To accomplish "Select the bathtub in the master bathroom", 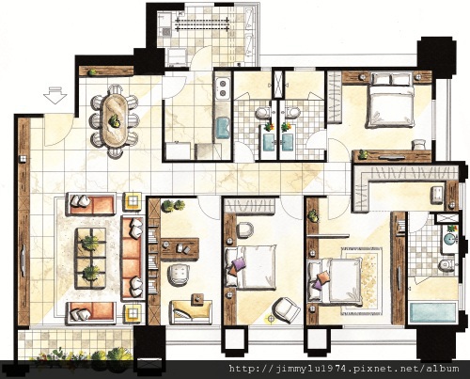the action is [433, 312].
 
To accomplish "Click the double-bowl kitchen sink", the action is [223, 88].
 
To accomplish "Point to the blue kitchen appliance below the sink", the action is [223, 128].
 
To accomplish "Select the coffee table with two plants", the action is [90, 258].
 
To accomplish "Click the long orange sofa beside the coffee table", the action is [132, 258].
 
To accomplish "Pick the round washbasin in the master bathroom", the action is [450, 239].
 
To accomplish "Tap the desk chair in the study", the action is [179, 274].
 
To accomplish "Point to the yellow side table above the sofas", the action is [133, 200].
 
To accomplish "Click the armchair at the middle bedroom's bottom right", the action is [287, 309].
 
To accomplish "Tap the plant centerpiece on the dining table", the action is [115, 120].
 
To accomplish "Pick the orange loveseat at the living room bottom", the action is [91, 312].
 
